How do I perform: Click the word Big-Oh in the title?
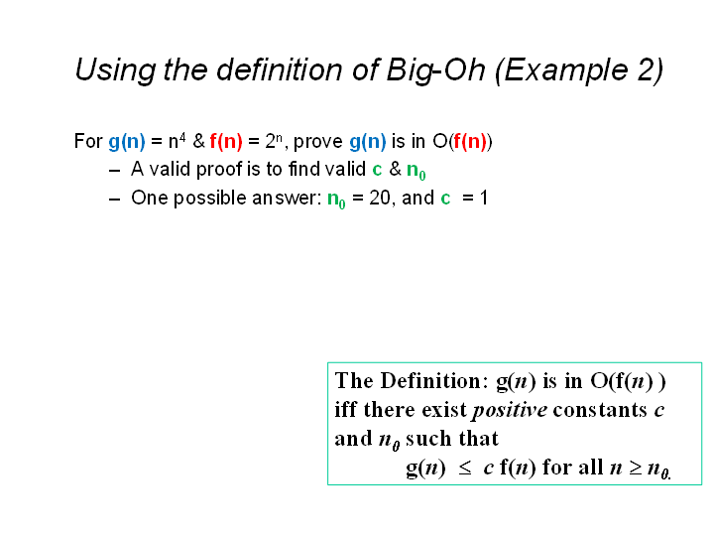tap(435, 70)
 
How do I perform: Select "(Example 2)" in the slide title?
tap(579, 70)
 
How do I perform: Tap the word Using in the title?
tap(115, 70)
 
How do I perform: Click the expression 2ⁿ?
tap(274, 141)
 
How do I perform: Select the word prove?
tap(318, 142)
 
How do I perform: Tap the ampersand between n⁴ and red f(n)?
tap(199, 141)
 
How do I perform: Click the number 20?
tap(379, 199)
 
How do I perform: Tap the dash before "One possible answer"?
tap(115, 200)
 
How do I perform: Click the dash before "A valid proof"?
tap(115, 171)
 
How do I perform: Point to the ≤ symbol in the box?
tap(465, 469)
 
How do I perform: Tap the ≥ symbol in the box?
tap(636, 469)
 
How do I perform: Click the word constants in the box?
tap(600, 410)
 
